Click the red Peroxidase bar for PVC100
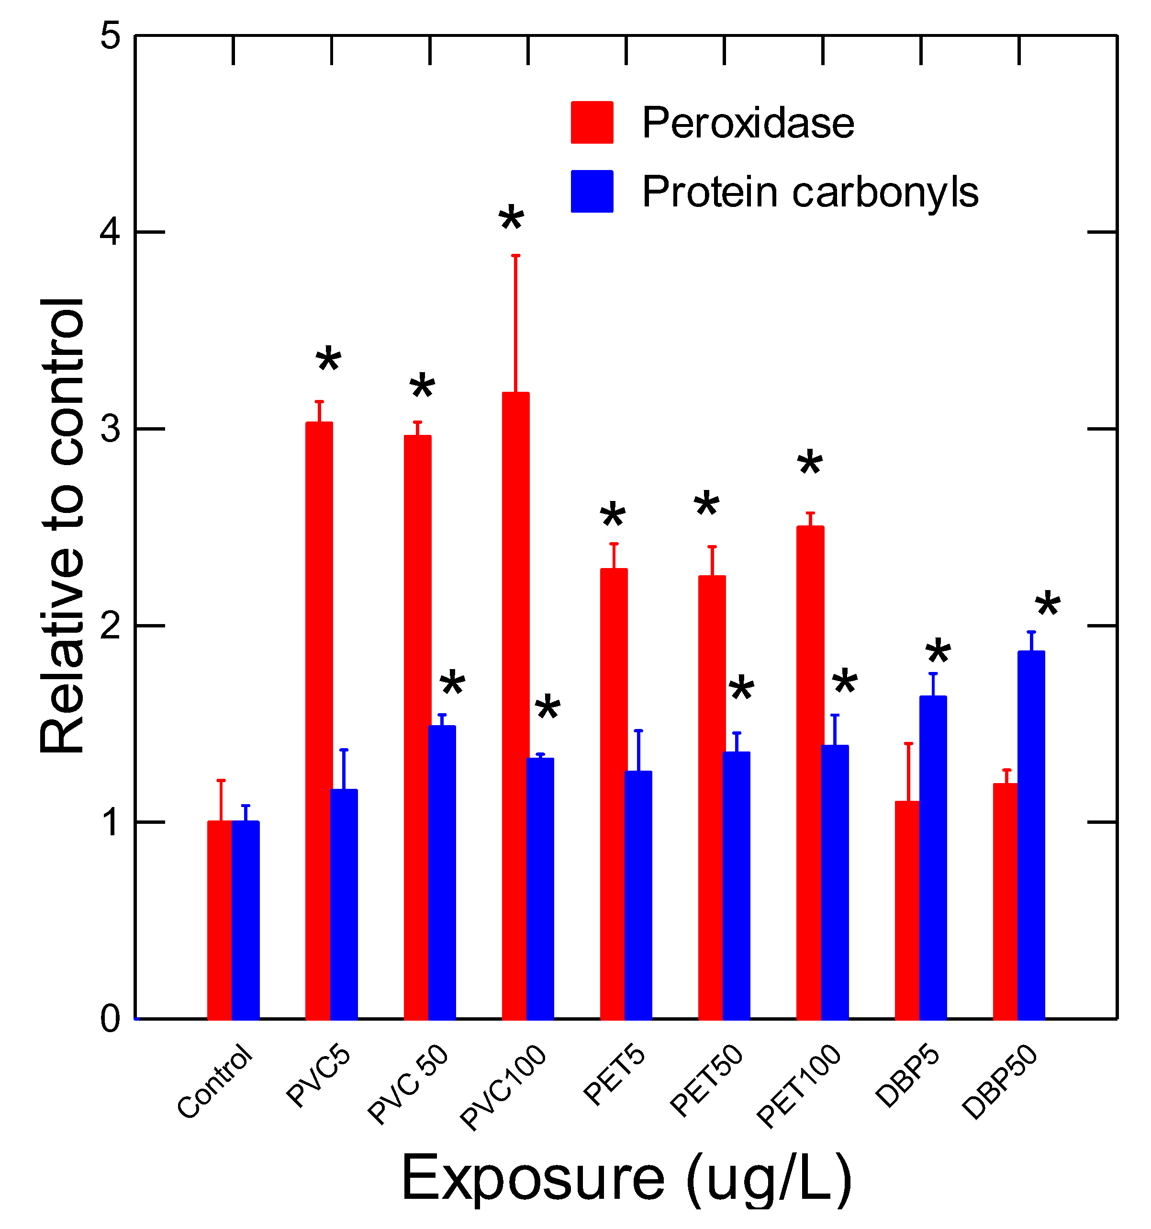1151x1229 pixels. pyautogui.click(x=515, y=705)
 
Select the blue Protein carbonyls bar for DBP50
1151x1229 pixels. pyautogui.click(x=1031, y=835)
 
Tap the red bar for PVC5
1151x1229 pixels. pyautogui.click(x=319, y=720)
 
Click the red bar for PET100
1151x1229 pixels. pyautogui.click(x=810, y=772)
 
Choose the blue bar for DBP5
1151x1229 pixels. pyautogui.click(x=933, y=857)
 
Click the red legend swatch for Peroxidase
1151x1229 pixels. pyautogui.click(x=592, y=123)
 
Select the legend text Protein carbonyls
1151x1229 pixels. pyautogui.click(x=810, y=192)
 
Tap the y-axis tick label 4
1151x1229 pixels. pyautogui.click(x=111, y=232)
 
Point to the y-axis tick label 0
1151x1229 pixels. pyautogui.click(x=111, y=1018)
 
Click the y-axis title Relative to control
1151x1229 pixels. pyautogui.click(x=62, y=525)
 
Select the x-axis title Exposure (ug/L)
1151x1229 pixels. pyautogui.click(x=626, y=1178)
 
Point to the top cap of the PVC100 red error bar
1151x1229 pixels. pyautogui.click(x=515, y=255)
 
